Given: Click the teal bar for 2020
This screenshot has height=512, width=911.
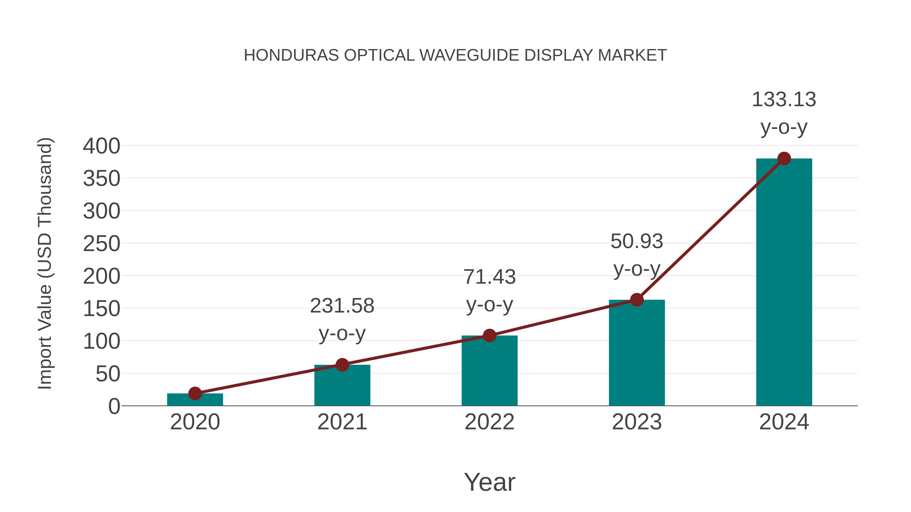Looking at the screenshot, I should [195, 400].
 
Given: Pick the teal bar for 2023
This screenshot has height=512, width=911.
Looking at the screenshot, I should [637, 353].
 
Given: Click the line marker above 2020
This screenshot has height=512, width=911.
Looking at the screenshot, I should [195, 393].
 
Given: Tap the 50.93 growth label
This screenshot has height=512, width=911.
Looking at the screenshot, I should [637, 242].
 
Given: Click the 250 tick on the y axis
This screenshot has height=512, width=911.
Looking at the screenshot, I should [101, 244].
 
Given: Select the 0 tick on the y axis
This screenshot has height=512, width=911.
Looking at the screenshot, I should [114, 406].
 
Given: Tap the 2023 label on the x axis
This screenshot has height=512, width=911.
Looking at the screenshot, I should [637, 422].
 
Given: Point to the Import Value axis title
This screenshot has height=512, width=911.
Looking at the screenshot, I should [45, 263].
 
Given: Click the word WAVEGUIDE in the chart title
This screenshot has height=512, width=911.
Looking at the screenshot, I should [469, 55].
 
